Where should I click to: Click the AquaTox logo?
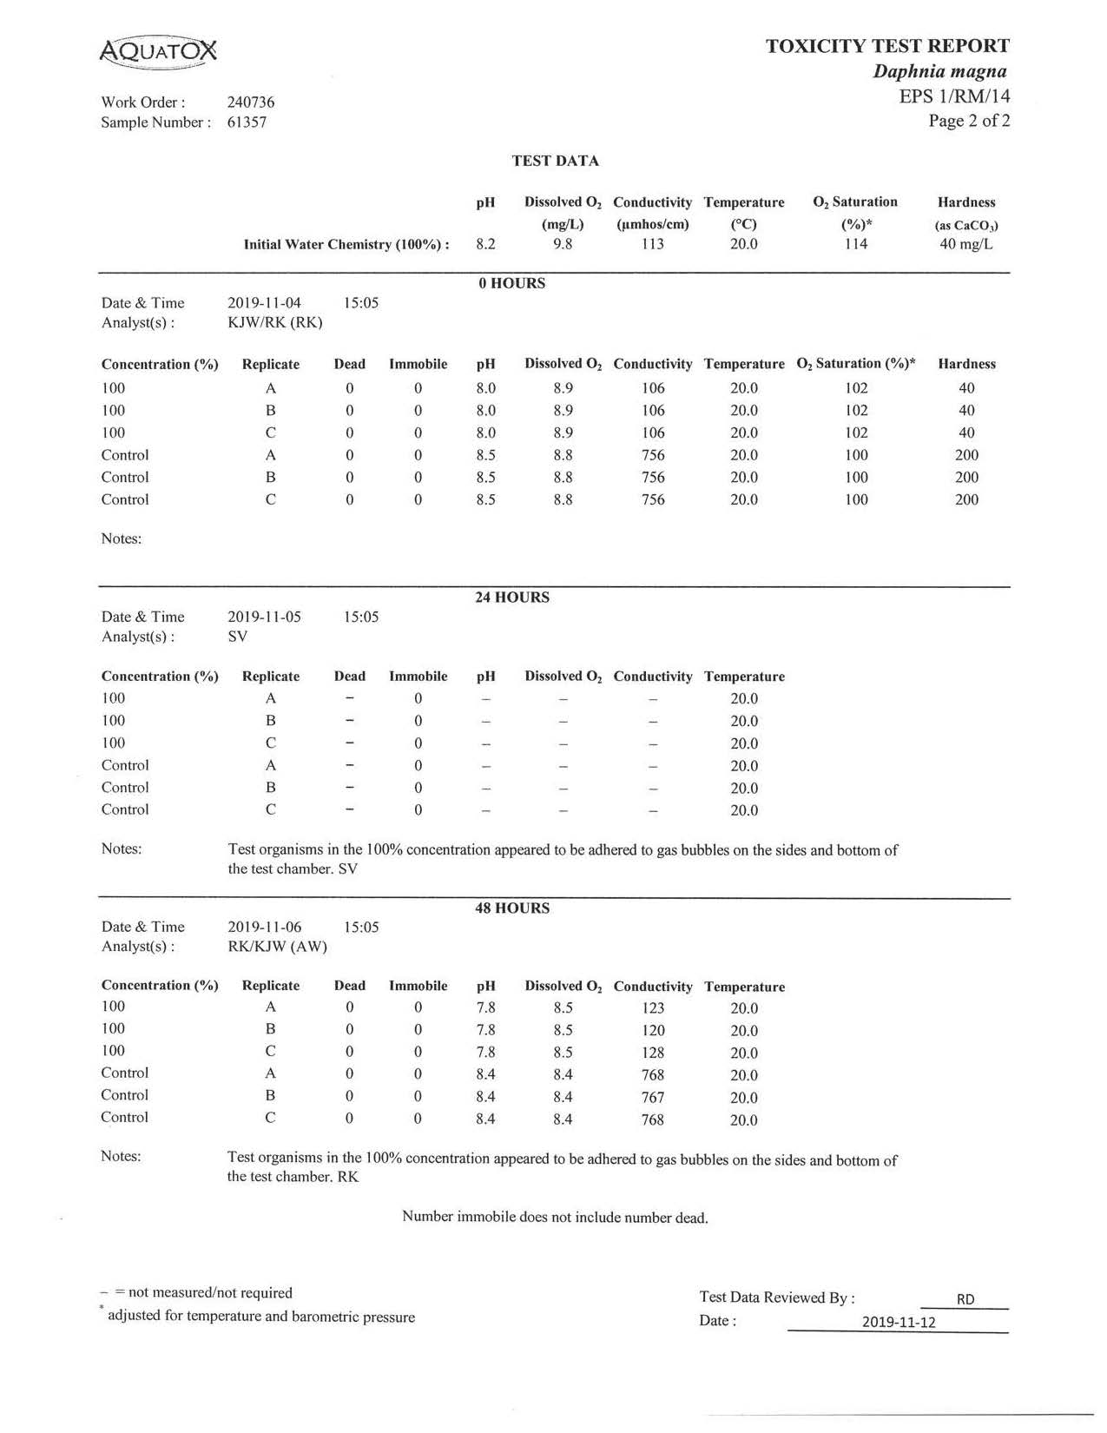click(x=158, y=52)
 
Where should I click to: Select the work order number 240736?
click(x=251, y=102)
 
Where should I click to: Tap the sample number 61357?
click(x=247, y=122)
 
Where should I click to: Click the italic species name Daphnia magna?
click(x=939, y=72)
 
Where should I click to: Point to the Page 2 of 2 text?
click(x=969, y=121)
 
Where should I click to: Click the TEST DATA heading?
click(x=555, y=161)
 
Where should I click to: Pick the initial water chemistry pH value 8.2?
click(x=485, y=244)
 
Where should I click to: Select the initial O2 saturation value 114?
click(x=856, y=244)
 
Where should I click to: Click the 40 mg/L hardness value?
click(x=965, y=244)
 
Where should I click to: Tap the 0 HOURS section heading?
click(x=511, y=283)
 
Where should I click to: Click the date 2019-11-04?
click(x=264, y=303)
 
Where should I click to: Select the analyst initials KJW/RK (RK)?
click(x=274, y=323)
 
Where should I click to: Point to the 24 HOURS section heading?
click(x=511, y=598)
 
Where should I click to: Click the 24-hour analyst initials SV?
click(x=237, y=637)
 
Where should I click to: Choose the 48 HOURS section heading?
click(x=511, y=908)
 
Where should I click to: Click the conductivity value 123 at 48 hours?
click(x=653, y=1008)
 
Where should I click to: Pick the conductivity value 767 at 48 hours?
click(x=653, y=1098)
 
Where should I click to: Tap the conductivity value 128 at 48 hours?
click(x=653, y=1053)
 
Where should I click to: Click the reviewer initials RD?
click(x=965, y=1300)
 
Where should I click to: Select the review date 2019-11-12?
click(x=899, y=1323)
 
